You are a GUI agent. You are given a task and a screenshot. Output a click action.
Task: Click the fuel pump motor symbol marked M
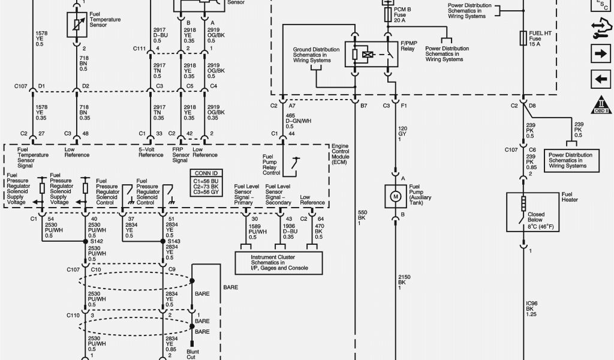click(x=395, y=196)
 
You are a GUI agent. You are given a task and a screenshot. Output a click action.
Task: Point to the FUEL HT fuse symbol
click(x=523, y=38)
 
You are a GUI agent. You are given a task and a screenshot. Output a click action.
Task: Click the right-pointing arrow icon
click(x=600, y=54)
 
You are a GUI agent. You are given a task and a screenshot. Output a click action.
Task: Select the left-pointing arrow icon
click(x=600, y=78)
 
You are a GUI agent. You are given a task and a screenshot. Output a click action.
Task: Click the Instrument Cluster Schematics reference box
click(x=278, y=262)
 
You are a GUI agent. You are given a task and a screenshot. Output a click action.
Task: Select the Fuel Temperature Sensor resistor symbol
click(x=76, y=25)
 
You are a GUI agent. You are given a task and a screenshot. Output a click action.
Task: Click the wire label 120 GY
click(x=404, y=134)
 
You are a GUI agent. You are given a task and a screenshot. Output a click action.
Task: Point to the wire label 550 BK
click(x=362, y=217)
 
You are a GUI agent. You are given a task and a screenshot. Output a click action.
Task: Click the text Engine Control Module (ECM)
click(x=341, y=154)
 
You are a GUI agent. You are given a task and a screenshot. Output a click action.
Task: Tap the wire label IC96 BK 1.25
click(x=531, y=308)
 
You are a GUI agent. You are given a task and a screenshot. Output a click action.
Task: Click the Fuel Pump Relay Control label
click(x=272, y=165)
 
